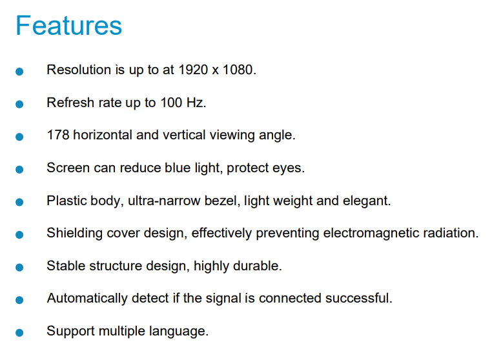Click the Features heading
[68, 26]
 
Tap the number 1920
[193, 70]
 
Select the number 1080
[238, 70]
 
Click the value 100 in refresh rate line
[171, 103]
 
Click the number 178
[57, 135]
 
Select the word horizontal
[103, 135]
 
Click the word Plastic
[67, 201]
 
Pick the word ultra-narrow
[164, 201]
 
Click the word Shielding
[75, 234]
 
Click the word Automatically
[87, 298]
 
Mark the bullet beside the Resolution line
[19, 72]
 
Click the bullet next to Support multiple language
[19, 332]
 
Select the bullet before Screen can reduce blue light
[19, 169]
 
